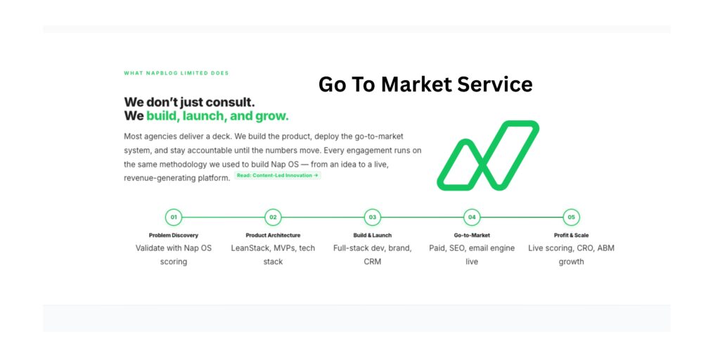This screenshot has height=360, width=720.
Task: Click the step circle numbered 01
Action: coord(174,217)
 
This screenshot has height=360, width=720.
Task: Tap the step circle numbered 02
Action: coord(273,217)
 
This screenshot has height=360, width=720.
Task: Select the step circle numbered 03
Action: coord(373,217)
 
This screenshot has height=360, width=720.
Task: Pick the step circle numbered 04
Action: coord(472,217)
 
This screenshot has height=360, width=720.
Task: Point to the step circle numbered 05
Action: coord(572,217)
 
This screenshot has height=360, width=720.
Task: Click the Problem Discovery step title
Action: coord(174,235)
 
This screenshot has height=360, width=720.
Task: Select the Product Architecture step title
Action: coord(273,235)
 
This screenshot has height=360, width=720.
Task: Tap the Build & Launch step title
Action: coord(373,235)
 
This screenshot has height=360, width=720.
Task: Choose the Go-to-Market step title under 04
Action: coord(472,235)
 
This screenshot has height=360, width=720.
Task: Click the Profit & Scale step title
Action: coord(572,235)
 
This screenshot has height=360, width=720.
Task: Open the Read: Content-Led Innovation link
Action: coord(278,176)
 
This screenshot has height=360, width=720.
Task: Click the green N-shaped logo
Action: coord(488,155)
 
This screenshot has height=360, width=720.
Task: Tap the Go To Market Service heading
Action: coord(425,84)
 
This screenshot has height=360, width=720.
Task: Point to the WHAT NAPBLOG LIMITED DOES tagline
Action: coord(176,73)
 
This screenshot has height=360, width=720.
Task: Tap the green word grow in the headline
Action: coord(271,116)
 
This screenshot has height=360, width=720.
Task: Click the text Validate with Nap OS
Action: coord(174,248)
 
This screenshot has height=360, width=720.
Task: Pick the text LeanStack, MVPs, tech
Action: coord(273,248)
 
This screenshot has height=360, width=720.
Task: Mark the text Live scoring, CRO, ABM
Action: coord(572,248)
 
